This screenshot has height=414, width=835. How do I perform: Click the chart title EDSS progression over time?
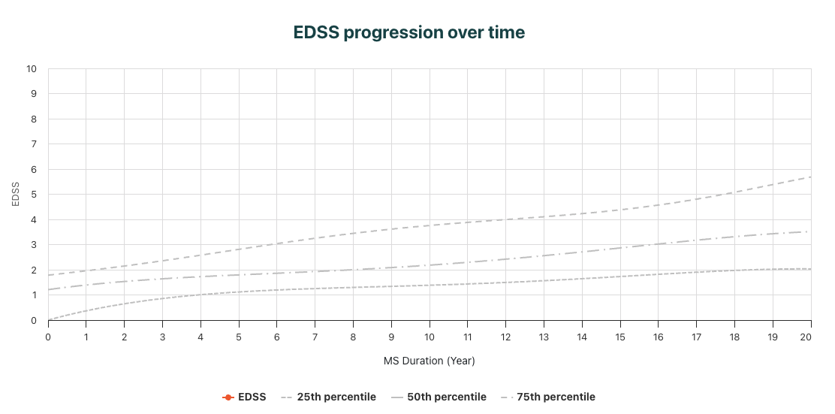coord(409,33)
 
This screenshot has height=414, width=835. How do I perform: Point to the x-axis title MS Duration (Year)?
coord(430,361)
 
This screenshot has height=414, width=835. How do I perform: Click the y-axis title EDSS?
coord(17,195)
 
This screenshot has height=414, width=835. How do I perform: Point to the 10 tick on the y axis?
coord(32,69)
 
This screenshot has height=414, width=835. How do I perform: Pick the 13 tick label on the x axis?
coord(544,336)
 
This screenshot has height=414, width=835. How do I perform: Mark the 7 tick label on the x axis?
coord(315,336)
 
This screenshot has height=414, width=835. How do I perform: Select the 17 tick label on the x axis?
coord(696,336)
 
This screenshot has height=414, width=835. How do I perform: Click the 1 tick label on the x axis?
coord(86,336)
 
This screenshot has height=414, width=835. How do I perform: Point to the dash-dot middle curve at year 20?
coord(808,231)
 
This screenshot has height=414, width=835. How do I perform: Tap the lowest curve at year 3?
coord(162,299)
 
